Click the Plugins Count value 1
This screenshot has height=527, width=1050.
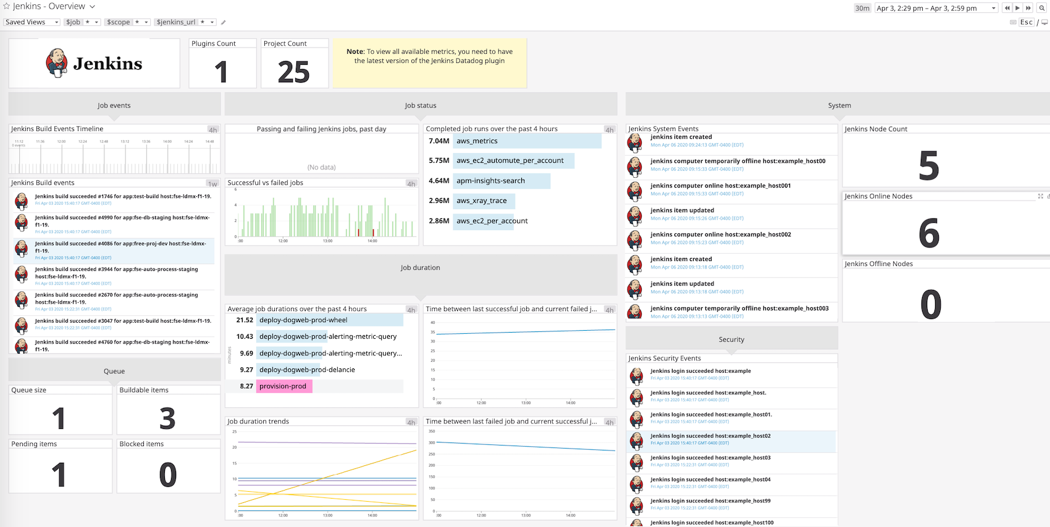[x=222, y=72]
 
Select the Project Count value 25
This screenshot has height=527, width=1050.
[x=293, y=72]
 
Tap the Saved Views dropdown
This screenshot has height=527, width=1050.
[x=31, y=22]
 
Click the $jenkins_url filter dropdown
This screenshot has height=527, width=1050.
[x=185, y=22]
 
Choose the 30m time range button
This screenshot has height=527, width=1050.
[x=862, y=8]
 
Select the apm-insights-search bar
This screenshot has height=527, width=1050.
[x=502, y=181]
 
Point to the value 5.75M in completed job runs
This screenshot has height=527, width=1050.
[x=439, y=160]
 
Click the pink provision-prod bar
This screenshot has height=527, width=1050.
[x=284, y=386]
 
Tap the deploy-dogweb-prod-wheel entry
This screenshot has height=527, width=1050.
[x=329, y=320]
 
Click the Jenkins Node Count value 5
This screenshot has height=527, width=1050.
[x=928, y=166]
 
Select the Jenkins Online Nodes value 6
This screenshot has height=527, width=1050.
[x=928, y=233]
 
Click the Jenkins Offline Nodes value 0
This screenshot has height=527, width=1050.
[x=930, y=304]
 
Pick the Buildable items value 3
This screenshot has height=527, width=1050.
[x=167, y=418]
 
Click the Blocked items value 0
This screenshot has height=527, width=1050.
[x=167, y=475]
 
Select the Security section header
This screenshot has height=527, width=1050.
[x=731, y=339]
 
